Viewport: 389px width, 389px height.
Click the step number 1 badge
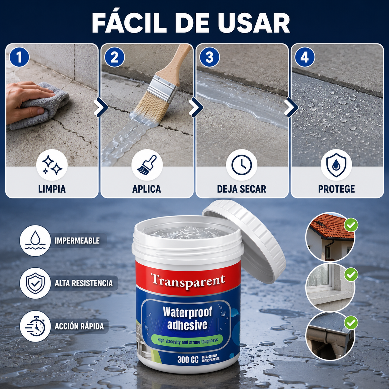(x=19, y=57)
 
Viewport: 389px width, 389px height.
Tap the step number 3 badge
(x=209, y=57)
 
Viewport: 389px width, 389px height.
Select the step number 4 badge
(x=305, y=57)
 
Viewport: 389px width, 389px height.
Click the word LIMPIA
(x=52, y=189)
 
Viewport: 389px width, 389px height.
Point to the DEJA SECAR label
(x=242, y=189)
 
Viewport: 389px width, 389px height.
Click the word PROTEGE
(x=337, y=189)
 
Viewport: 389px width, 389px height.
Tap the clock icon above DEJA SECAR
(x=242, y=165)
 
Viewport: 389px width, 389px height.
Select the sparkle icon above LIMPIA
(x=52, y=165)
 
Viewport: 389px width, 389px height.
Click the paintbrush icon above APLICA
(x=147, y=165)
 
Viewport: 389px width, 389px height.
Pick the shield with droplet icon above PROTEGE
(x=336, y=165)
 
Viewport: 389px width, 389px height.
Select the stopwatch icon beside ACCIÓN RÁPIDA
(x=35, y=326)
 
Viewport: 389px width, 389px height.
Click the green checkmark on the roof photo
(x=351, y=225)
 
